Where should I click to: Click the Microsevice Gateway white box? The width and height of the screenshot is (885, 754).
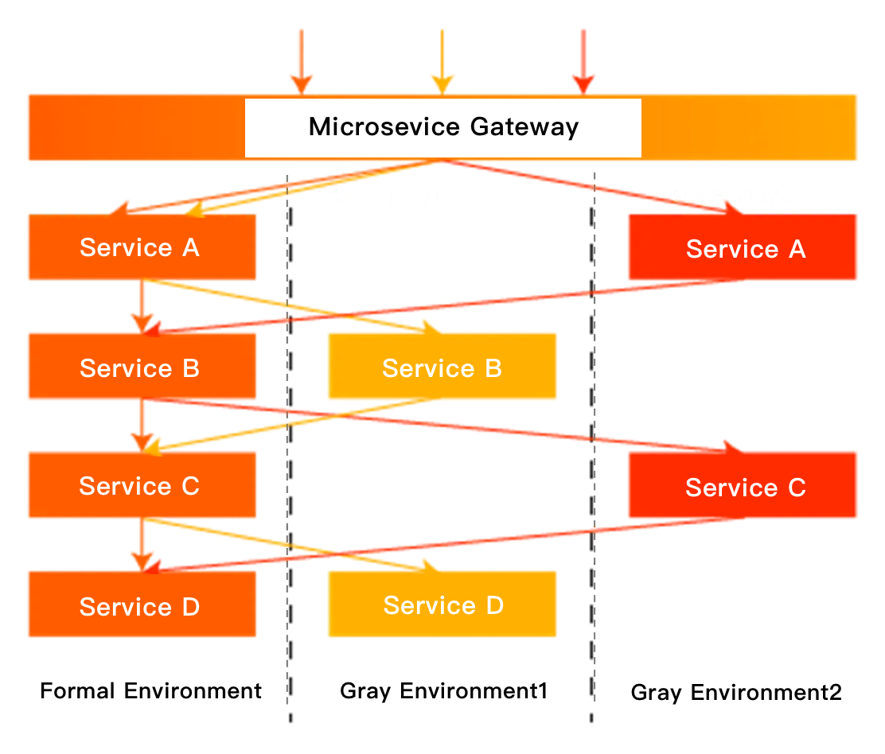pos(442,128)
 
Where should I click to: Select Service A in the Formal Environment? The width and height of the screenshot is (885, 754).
pos(142,247)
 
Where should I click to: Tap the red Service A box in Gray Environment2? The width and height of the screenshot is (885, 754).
pos(743,247)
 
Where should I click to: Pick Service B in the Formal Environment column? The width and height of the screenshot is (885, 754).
pos(142,367)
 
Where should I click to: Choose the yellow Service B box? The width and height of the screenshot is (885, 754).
pos(442,367)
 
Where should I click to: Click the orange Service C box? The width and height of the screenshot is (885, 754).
pos(142,485)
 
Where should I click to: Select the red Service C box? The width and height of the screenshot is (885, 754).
pos(743,486)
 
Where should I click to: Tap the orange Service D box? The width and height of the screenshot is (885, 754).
pos(142,605)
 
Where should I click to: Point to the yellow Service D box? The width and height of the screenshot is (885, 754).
pos(442,605)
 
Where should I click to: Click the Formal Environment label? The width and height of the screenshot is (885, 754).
pos(150,690)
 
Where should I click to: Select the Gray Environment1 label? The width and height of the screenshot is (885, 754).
pos(443,690)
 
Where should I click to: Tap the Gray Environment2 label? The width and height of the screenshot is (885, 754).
pos(736,692)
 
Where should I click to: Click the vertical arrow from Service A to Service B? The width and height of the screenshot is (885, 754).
pos(142,305)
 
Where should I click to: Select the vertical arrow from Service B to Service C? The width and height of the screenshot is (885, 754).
pos(142,425)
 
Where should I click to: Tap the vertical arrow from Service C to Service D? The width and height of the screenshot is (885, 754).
pos(142,544)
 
